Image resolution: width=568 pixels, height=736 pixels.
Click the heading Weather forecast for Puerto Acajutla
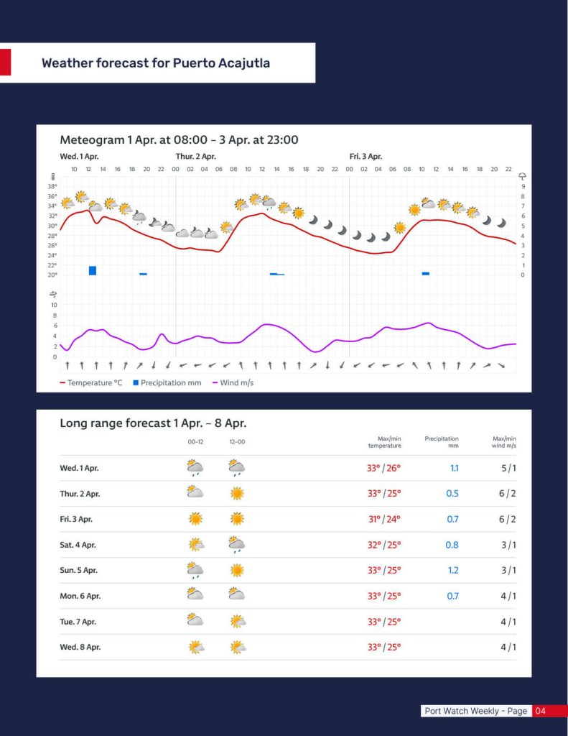tap(156, 63)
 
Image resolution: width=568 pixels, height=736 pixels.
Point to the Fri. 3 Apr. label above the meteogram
tap(366, 156)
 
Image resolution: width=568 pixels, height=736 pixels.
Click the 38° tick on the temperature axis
tap(52, 186)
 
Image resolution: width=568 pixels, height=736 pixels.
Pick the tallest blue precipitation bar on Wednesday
tap(93, 270)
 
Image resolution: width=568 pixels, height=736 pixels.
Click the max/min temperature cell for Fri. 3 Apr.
tap(383, 519)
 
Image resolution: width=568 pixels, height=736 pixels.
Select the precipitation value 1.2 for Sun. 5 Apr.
tap(452, 571)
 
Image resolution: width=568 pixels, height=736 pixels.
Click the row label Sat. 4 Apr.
tap(80, 545)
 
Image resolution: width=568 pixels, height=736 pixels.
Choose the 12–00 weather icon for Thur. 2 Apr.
tap(237, 493)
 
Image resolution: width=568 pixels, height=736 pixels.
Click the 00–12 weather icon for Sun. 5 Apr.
tap(195, 571)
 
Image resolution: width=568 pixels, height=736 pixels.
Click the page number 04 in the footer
tap(541, 711)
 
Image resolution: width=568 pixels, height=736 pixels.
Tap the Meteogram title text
tap(179, 139)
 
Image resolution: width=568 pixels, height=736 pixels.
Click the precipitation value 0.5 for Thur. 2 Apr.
tap(452, 494)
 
